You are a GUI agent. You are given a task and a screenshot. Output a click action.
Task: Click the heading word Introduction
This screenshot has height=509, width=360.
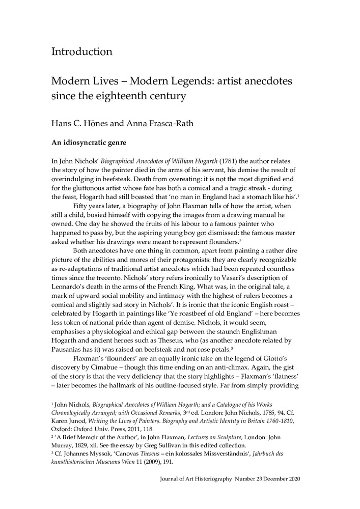coord(81,52)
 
